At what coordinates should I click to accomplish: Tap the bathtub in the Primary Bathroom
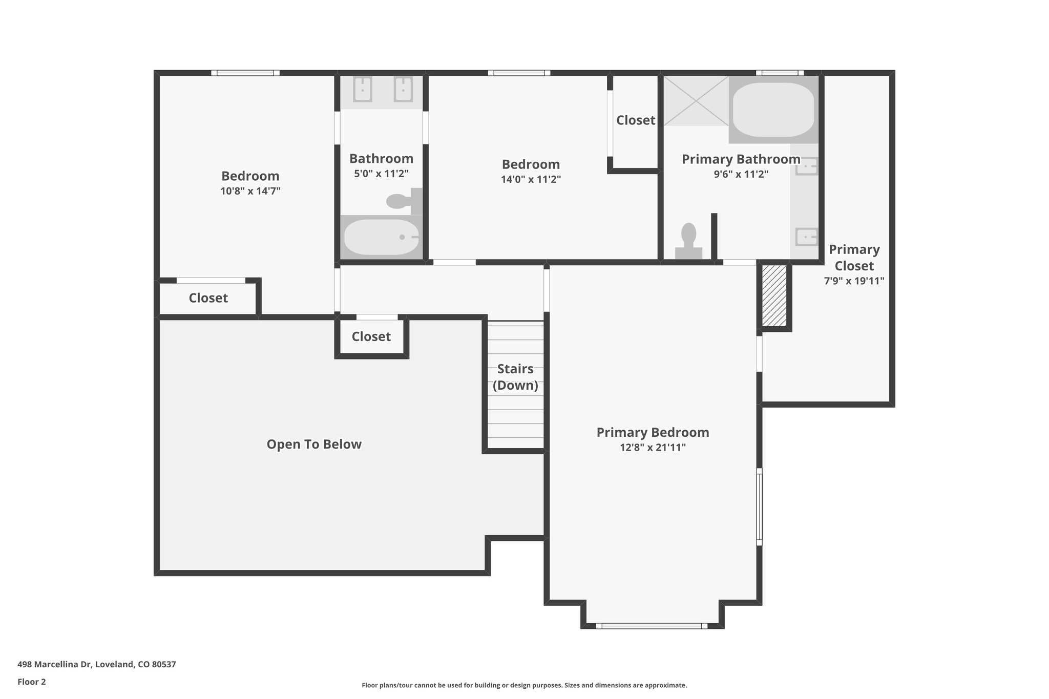point(773,110)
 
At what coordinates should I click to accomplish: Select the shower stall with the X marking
point(696,101)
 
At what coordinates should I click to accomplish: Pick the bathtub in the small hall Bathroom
point(381,237)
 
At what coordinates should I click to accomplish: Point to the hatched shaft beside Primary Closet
point(774,295)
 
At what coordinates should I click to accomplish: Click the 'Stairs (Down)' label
point(515,377)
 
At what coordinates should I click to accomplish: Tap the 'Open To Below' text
point(314,444)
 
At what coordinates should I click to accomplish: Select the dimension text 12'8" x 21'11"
point(653,448)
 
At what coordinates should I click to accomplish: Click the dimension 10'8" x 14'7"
point(250,192)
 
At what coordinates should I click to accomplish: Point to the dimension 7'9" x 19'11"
point(854,281)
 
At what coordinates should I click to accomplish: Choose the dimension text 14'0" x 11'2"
point(531,180)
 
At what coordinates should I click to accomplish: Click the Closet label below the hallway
point(371,336)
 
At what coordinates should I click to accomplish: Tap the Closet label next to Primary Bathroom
point(635,120)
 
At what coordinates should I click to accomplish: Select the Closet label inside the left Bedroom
point(208,298)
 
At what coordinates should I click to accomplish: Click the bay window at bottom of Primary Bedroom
point(652,626)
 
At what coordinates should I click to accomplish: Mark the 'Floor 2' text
point(32,682)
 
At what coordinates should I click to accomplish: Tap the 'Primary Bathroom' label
point(741,159)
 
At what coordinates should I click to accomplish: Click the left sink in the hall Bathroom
point(363,90)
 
